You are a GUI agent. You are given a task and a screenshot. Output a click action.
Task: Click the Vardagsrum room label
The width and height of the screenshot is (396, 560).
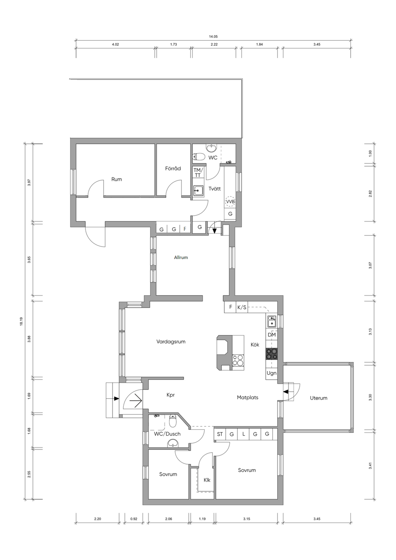(171, 342)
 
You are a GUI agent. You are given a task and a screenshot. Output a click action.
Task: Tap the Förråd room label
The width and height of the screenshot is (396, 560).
(173, 168)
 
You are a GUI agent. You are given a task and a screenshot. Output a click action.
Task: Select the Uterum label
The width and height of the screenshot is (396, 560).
(318, 398)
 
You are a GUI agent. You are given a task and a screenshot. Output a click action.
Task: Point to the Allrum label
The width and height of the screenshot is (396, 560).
(181, 257)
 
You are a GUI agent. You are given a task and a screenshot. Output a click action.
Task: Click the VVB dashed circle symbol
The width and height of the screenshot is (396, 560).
(230, 201)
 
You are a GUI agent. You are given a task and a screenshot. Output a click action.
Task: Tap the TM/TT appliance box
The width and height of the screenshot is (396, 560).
(198, 172)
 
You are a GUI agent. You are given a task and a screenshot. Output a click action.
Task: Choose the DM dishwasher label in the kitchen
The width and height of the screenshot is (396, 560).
(272, 335)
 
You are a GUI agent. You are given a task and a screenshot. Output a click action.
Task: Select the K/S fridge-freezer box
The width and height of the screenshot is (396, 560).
(242, 307)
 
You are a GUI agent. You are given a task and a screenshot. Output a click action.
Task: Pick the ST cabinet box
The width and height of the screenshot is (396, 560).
(220, 434)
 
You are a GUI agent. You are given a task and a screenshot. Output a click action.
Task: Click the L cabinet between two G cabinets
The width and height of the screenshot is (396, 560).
(243, 434)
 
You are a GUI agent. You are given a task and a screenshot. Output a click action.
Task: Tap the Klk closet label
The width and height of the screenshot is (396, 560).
(207, 480)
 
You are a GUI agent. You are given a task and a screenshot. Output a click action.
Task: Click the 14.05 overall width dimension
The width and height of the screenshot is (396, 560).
(213, 36)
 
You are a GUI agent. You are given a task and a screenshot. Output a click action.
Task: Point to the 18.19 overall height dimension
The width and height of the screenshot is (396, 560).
(21, 321)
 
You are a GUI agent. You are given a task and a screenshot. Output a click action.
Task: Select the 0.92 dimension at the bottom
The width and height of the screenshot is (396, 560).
(134, 519)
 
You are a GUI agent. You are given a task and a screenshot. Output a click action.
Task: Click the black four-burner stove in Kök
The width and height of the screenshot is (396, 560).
(271, 354)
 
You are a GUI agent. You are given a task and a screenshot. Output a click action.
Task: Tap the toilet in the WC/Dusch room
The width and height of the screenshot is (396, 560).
(172, 421)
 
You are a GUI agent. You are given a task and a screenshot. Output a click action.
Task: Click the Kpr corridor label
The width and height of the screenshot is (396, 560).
(171, 395)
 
